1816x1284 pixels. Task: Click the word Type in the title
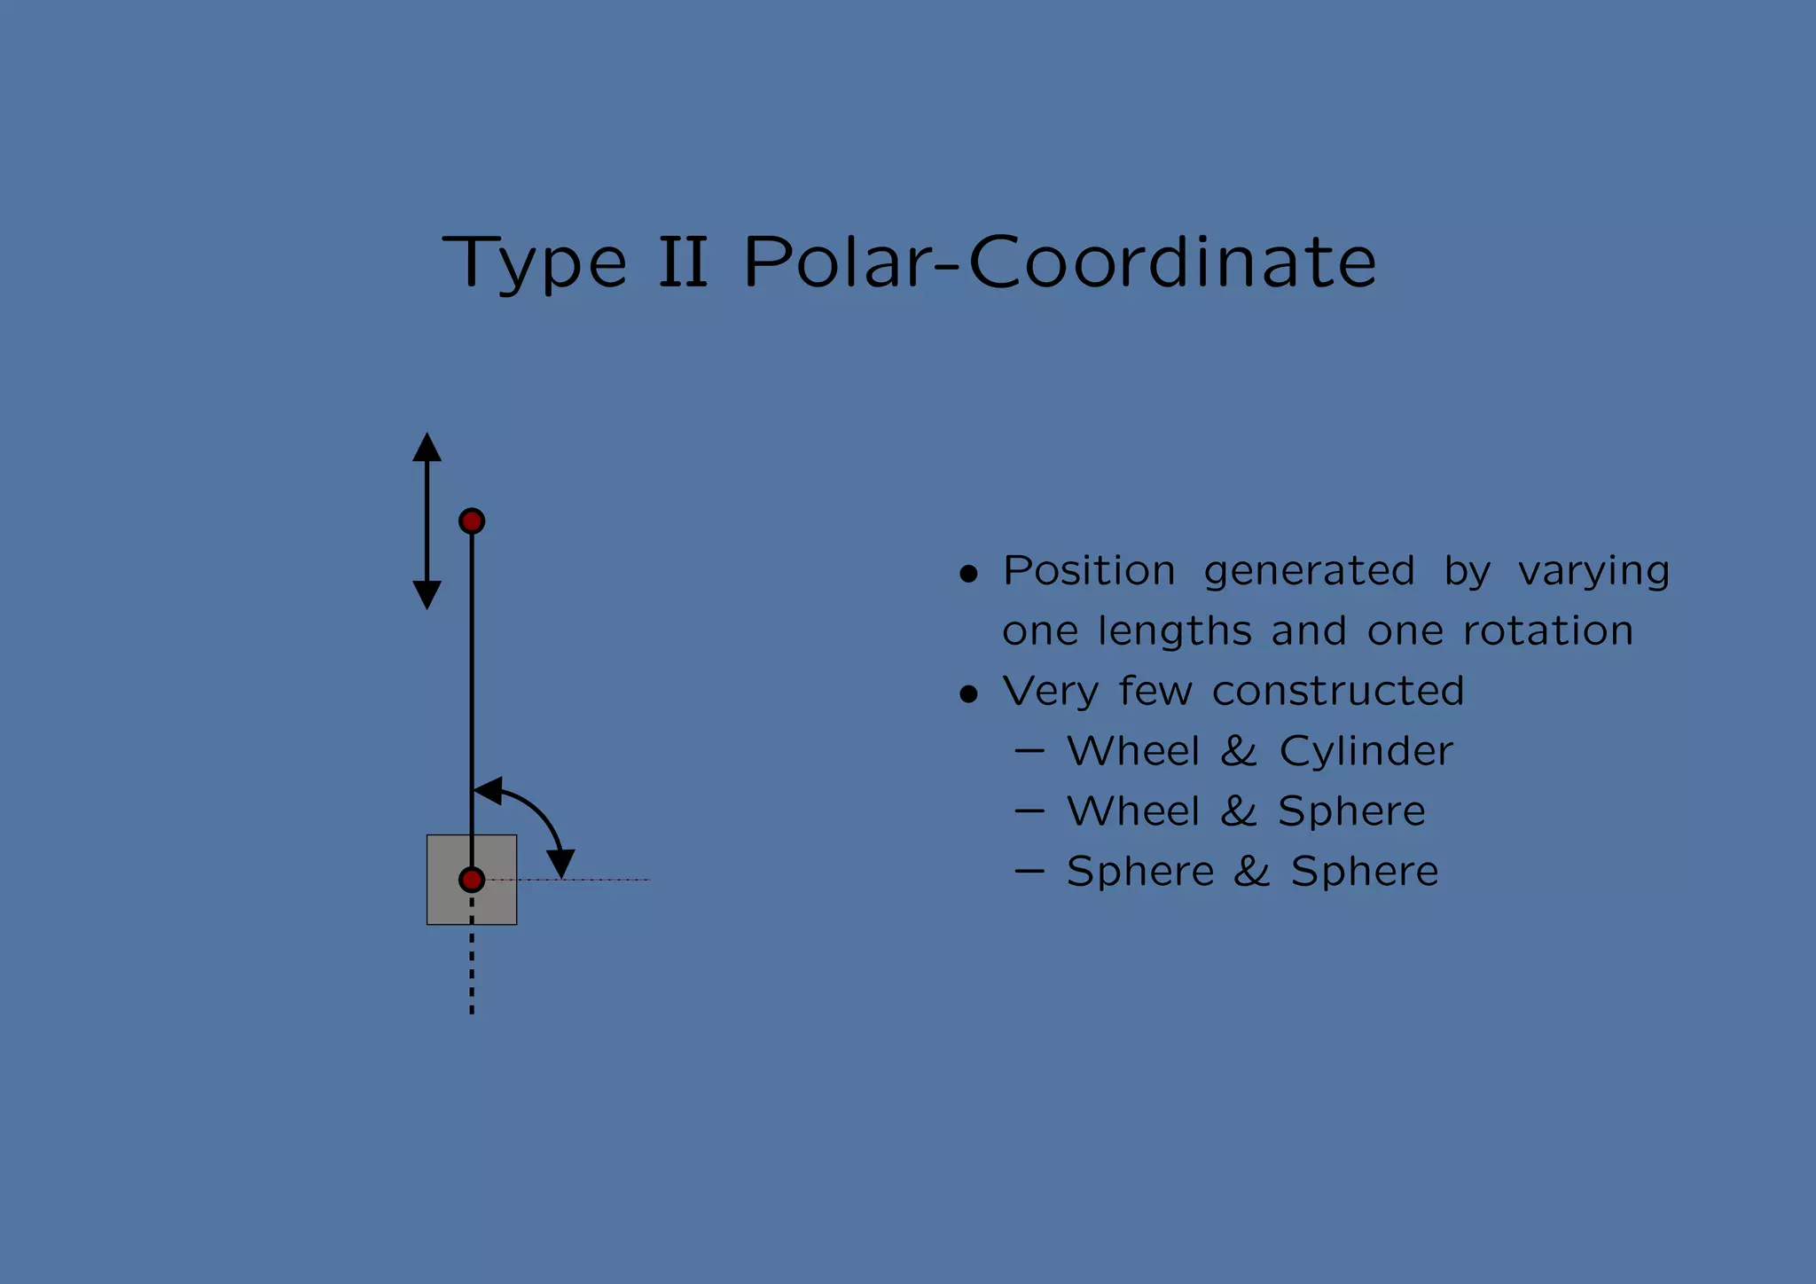click(x=535, y=263)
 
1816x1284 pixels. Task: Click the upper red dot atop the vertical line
click(x=472, y=521)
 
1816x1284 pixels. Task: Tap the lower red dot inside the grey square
click(x=472, y=880)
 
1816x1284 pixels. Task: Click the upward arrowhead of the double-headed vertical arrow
click(x=427, y=448)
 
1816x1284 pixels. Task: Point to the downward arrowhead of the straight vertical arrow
click(x=427, y=594)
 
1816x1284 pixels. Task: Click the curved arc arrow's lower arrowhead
click(x=560, y=863)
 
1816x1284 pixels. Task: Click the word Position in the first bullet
click(x=1089, y=570)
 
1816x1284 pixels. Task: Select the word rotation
click(x=1547, y=631)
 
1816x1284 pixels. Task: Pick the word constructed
click(x=1337, y=691)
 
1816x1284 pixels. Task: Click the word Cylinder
click(x=1366, y=752)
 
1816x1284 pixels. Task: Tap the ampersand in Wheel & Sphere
click(x=1239, y=811)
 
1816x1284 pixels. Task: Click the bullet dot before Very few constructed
click(x=968, y=694)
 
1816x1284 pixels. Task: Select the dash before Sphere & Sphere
click(x=1029, y=872)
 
